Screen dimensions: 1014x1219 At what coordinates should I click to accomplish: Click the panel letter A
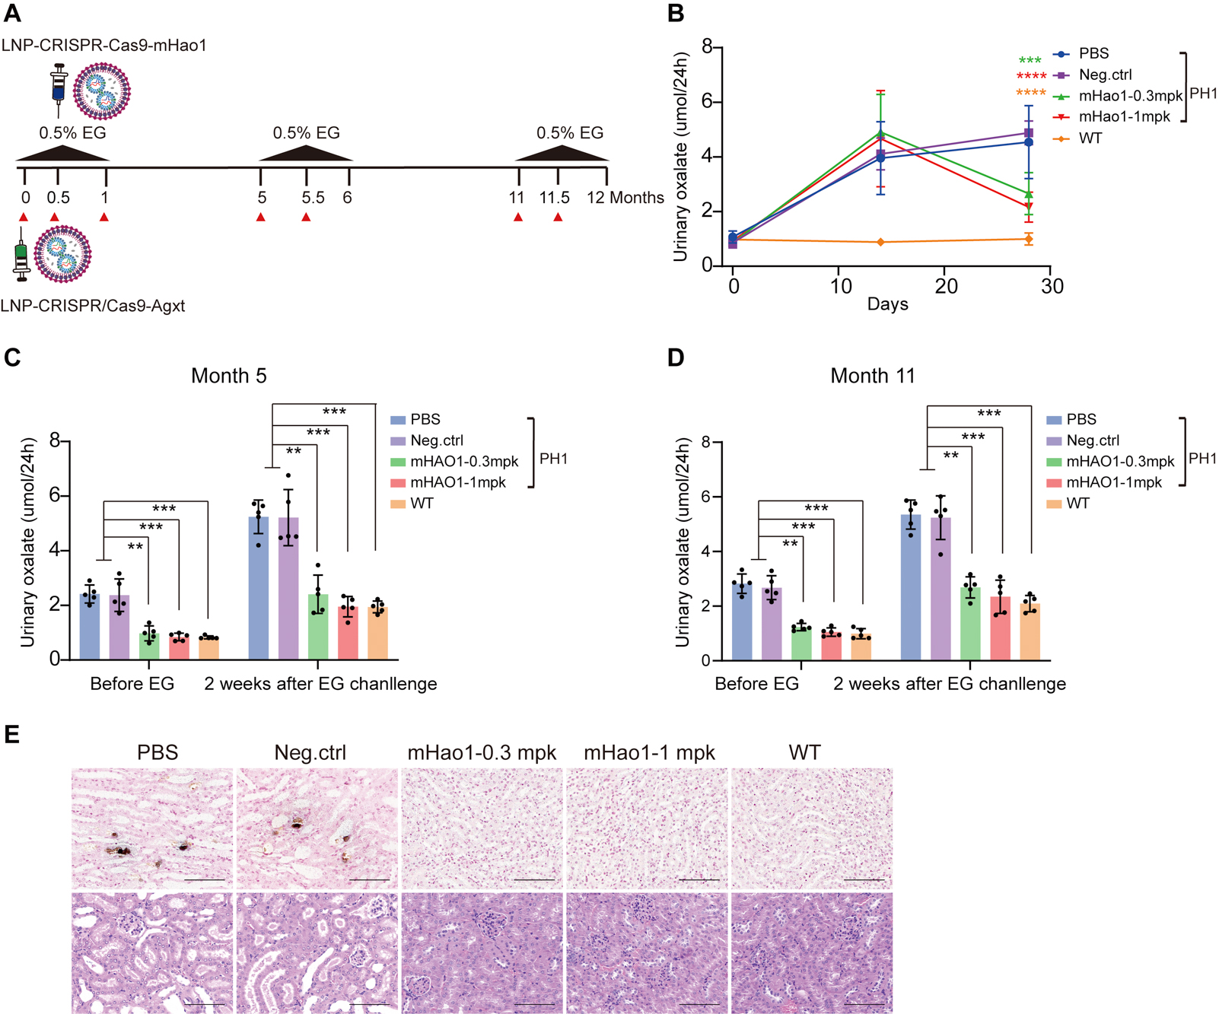point(12,13)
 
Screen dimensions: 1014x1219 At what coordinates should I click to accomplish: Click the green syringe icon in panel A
point(21,259)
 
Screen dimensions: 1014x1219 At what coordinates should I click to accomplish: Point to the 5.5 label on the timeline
point(313,198)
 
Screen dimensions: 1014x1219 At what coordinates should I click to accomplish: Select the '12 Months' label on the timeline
point(625,198)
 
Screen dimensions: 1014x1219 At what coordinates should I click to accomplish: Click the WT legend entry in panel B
point(1090,138)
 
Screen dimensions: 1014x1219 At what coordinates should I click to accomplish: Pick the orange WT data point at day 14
point(880,242)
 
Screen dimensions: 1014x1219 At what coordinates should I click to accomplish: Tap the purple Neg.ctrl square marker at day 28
point(1029,133)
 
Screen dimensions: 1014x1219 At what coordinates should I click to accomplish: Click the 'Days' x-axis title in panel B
point(887,304)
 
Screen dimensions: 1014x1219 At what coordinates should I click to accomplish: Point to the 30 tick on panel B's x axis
point(1052,287)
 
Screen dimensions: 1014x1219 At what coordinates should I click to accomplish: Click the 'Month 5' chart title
point(228,376)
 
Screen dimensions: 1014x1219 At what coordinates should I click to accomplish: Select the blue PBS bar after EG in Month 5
point(259,586)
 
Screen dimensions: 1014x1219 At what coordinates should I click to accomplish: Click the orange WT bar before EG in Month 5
point(208,647)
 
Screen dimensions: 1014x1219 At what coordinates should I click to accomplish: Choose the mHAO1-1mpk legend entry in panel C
point(457,482)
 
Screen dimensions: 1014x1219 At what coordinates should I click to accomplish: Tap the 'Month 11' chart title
point(872,376)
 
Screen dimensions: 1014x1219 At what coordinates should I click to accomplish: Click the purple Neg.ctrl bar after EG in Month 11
point(941,586)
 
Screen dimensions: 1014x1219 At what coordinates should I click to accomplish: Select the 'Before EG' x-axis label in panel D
point(756,684)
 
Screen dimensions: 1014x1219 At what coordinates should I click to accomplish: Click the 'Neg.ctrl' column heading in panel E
point(310,753)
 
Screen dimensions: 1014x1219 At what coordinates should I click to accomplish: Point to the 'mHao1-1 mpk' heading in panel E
point(649,753)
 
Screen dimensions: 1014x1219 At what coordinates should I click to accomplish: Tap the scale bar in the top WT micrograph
point(864,880)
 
